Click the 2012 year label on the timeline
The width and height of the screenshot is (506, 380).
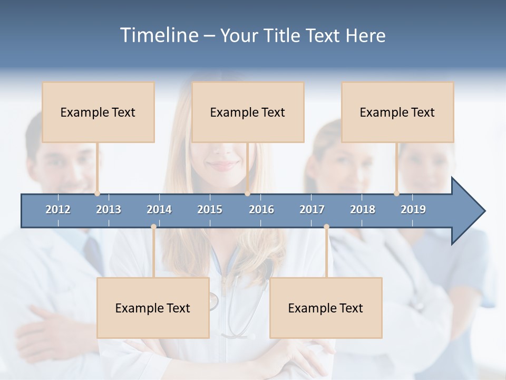coord(58,210)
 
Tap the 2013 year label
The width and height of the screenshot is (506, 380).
coord(109,210)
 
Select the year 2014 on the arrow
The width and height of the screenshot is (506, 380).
coord(159,210)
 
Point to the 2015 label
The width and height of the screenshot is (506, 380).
coord(210,210)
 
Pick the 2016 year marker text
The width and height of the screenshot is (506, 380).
coord(261,210)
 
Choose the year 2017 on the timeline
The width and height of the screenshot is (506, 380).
coord(312,210)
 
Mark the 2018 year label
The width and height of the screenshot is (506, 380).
coord(363,210)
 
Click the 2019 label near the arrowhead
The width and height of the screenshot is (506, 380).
coord(413,210)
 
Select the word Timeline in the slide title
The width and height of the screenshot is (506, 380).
coord(158,35)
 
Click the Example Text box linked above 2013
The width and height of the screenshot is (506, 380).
coord(98,112)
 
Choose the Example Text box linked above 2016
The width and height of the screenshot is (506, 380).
coord(248,112)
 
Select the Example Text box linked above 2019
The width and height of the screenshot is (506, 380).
coord(397,112)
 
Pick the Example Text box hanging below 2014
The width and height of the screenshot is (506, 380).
coord(153,308)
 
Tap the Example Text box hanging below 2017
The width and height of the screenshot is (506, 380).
coord(326,308)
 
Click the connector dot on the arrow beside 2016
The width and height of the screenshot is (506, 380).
coord(247,194)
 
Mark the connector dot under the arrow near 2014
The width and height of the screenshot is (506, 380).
coord(153,227)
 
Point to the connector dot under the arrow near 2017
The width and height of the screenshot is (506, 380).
coord(326,227)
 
